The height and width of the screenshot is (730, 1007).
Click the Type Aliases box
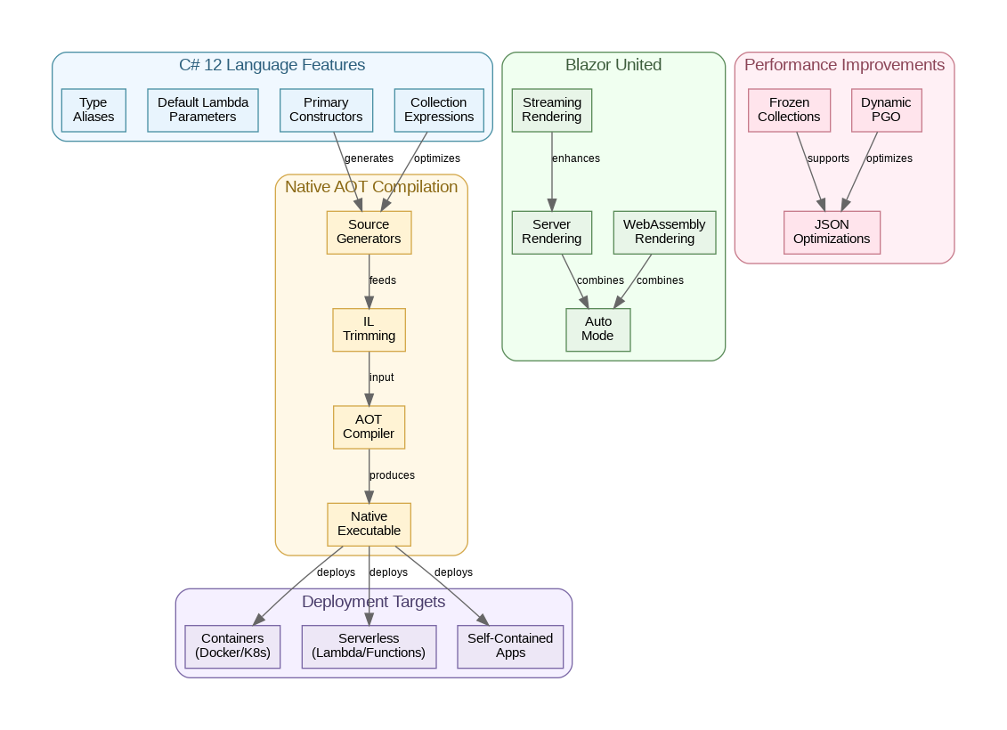click(93, 109)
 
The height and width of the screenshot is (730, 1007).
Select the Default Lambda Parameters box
click(203, 109)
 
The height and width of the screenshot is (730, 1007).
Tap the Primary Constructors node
click(326, 109)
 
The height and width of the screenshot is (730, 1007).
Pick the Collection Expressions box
click(439, 109)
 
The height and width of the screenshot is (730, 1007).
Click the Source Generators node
click(369, 231)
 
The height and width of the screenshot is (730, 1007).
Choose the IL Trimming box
click(369, 329)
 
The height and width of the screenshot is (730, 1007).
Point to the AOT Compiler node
click(369, 426)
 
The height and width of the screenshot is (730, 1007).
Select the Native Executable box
click(369, 523)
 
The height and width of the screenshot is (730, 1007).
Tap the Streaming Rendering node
click(552, 109)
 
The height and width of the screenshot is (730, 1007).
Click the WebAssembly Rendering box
click(664, 231)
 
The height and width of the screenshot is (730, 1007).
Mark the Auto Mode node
click(598, 329)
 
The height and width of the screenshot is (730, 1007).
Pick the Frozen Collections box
click(789, 109)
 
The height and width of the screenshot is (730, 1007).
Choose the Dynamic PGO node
click(886, 109)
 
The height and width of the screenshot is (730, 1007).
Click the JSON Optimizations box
click(832, 231)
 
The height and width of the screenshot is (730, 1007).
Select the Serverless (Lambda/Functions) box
click(369, 645)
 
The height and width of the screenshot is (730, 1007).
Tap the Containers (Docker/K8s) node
click(232, 645)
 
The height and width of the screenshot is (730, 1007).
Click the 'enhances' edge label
click(576, 158)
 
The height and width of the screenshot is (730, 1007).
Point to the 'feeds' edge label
click(383, 280)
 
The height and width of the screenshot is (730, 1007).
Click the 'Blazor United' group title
click(613, 65)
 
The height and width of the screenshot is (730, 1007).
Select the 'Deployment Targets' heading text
click(373, 602)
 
